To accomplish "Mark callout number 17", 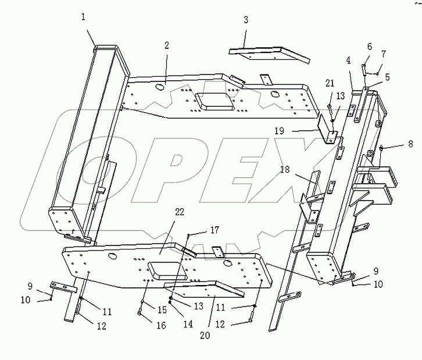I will pos(199,229).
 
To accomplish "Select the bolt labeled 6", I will pos(362,69).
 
